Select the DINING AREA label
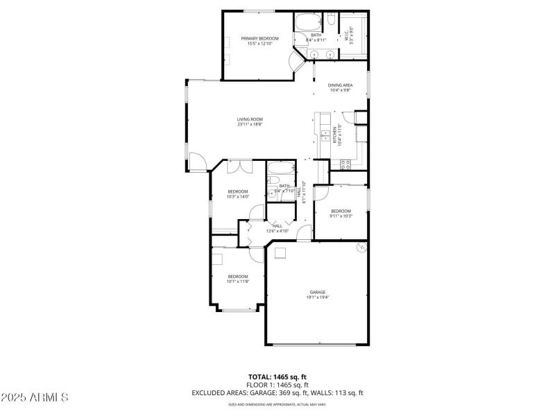[x=340, y=85]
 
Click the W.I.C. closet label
[x=350, y=35]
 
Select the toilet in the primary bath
[x=330, y=19]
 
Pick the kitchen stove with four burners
[x=345, y=164]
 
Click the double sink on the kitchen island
[x=324, y=133]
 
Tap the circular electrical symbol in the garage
[x=360, y=247]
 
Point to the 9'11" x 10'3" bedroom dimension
[x=341, y=216]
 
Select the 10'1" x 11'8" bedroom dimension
[x=237, y=281]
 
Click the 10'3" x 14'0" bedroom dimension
[x=238, y=196]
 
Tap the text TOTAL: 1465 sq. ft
[x=277, y=376]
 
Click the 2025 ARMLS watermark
[x=35, y=397]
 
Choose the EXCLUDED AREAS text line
[x=277, y=392]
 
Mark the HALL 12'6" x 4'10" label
[x=277, y=228]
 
